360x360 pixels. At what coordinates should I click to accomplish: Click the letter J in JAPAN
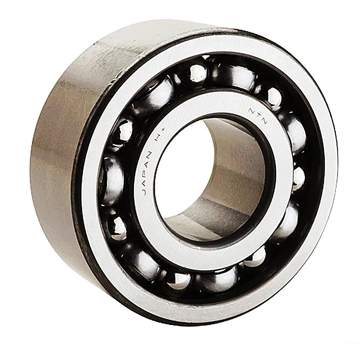click(x=143, y=191)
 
